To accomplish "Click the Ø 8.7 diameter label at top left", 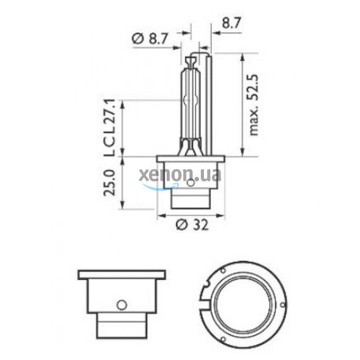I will coord(150,39).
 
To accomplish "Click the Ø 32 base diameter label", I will coord(191,224).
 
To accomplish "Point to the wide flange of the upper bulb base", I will coord(191,160).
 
